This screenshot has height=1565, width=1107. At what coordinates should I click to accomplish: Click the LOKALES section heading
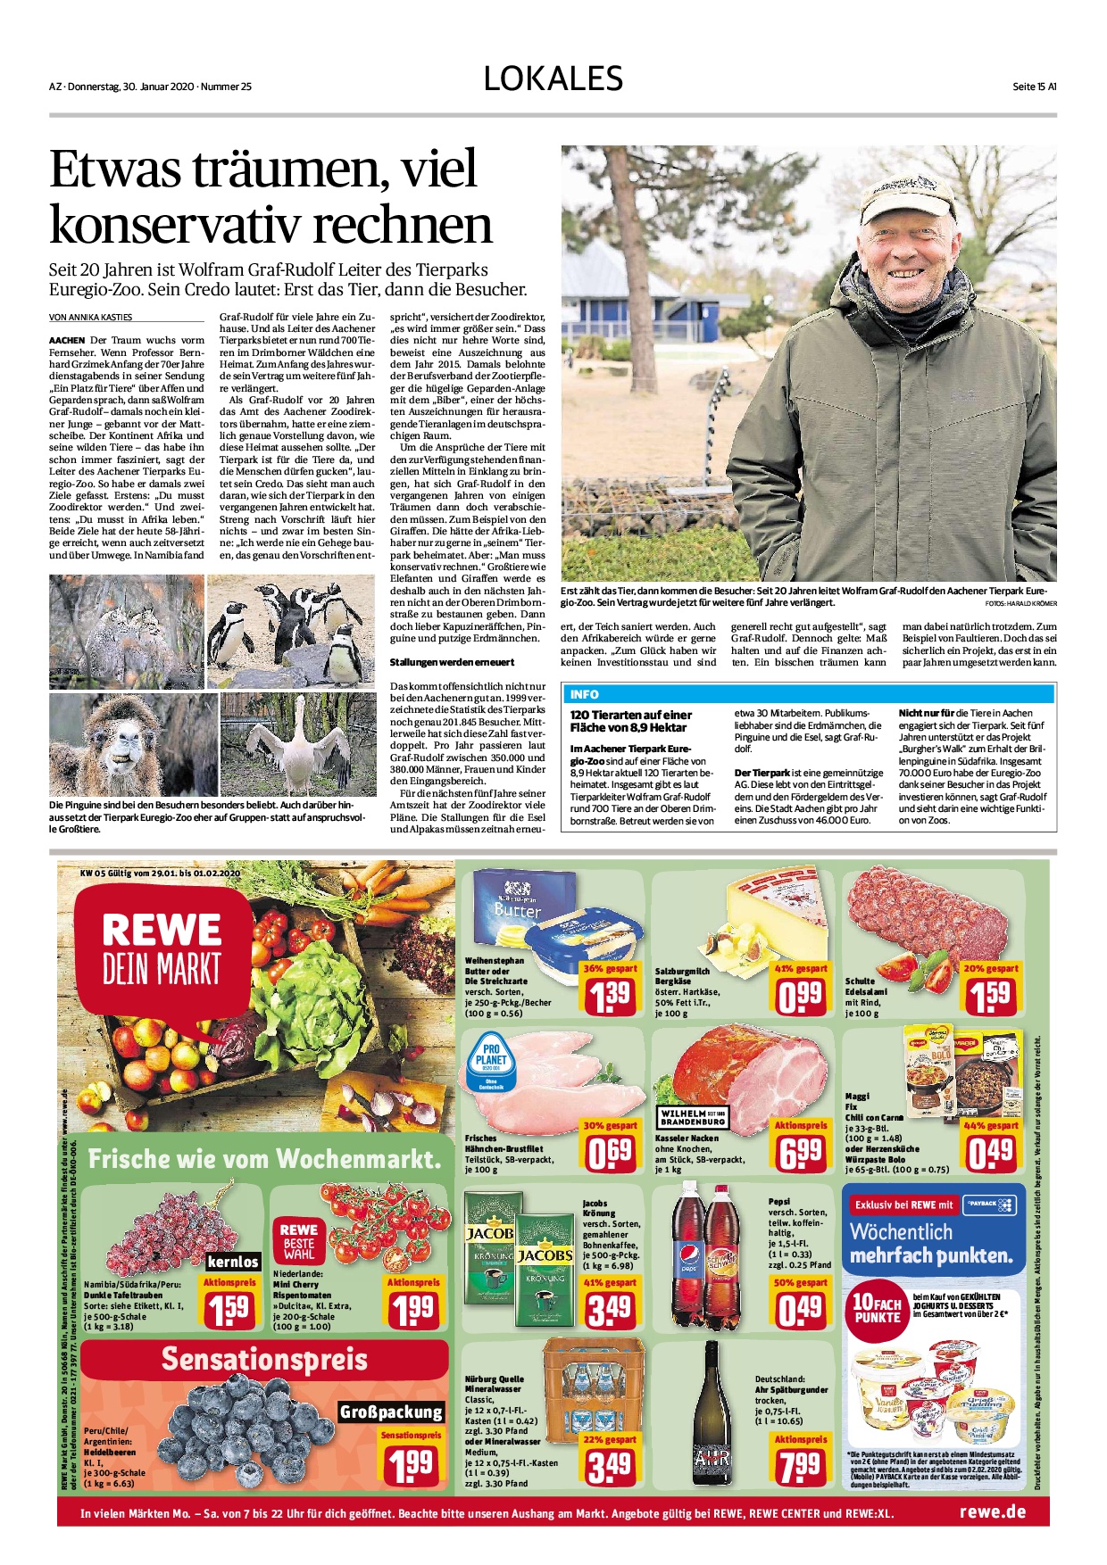coord(553,79)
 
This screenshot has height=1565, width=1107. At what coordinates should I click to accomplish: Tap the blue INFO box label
coord(584,694)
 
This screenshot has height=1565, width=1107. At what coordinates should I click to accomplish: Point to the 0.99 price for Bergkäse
coord(801,995)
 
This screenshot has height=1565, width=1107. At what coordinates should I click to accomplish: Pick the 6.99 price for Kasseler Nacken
coord(801,1153)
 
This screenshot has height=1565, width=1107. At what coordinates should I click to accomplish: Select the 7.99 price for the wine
coord(800,1466)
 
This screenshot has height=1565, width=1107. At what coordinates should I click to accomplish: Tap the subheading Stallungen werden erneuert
coord(452,662)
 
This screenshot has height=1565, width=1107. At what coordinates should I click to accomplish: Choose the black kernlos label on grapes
coord(233,1262)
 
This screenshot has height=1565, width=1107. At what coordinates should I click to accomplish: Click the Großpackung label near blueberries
coord(391,1412)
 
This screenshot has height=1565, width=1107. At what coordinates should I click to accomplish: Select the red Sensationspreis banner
coord(263,1359)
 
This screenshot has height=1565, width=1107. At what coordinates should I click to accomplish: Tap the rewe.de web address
coord(992,1511)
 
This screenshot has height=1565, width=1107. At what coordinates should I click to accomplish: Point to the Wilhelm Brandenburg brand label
coord(693,1117)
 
